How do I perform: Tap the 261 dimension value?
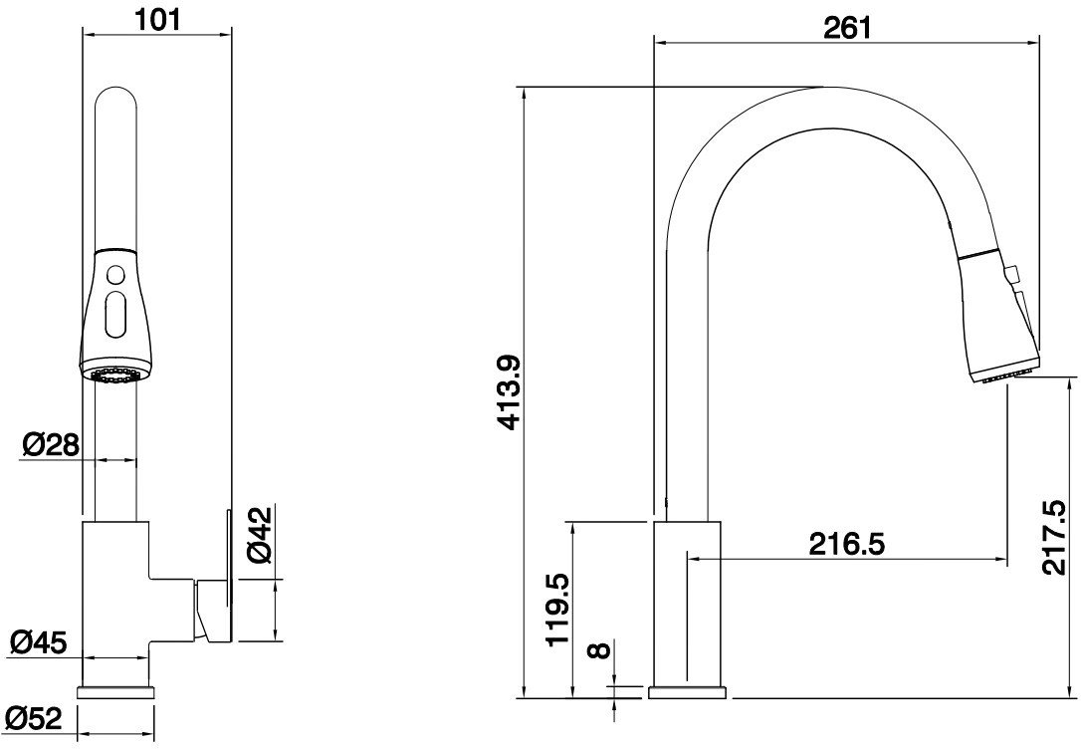847,28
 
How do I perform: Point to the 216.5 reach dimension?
847,544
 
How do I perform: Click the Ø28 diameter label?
51,445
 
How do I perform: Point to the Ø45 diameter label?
39,642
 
